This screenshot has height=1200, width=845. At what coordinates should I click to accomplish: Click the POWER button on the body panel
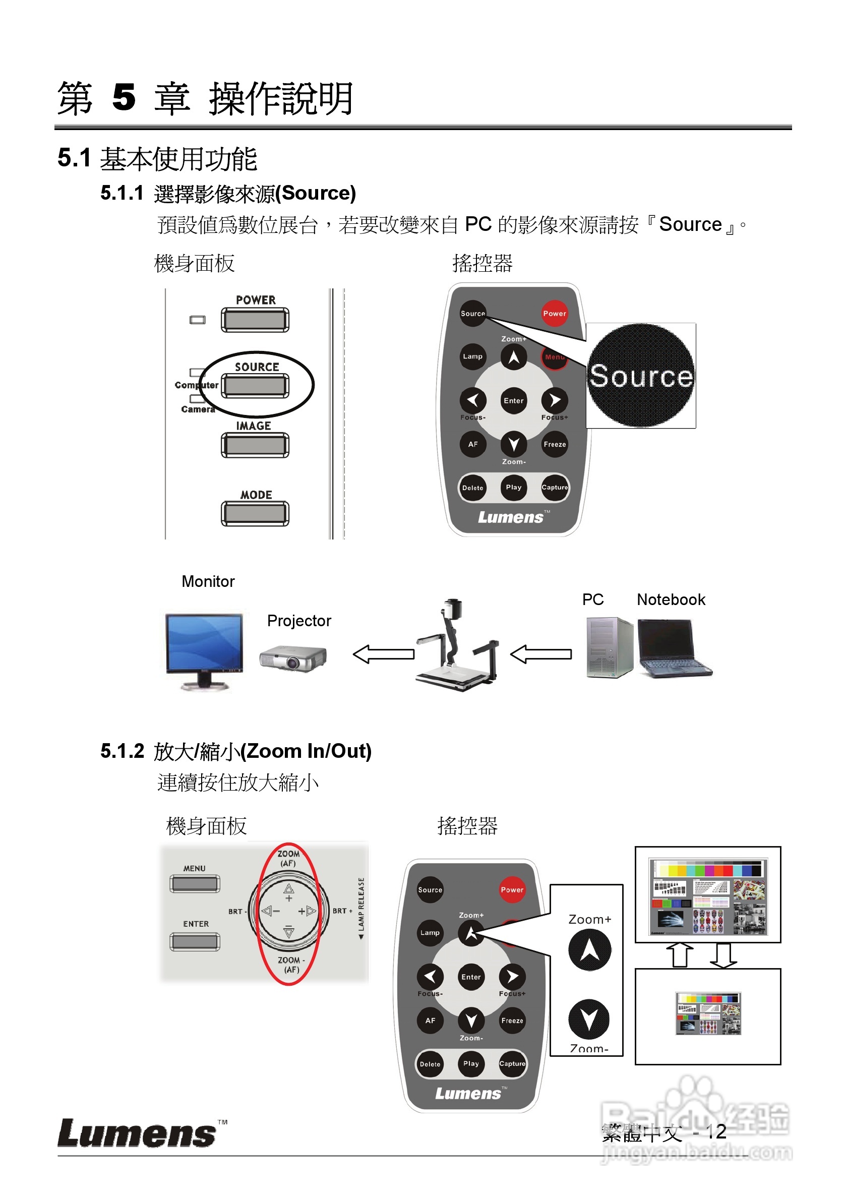255,319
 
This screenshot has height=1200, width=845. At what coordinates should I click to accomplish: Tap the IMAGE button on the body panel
255,445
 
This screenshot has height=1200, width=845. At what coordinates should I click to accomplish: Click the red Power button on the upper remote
554,313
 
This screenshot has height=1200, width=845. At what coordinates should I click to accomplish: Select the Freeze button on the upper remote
554,444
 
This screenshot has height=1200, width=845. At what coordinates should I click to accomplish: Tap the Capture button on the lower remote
512,1063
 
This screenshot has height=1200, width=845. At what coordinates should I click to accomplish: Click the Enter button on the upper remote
513,400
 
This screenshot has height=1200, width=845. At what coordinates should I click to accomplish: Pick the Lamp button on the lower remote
430,932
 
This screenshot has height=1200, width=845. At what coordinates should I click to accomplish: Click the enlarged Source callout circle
641,375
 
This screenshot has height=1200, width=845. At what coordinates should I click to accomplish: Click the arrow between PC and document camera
540,654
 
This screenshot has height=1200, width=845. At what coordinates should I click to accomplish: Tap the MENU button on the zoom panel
195,884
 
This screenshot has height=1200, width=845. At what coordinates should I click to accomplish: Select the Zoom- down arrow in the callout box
589,1018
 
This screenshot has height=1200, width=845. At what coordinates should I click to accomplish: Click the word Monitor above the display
208,581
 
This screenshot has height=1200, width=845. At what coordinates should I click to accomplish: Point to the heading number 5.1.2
122,751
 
